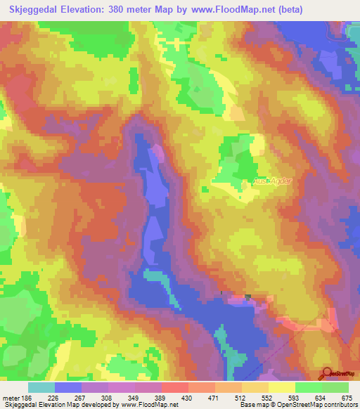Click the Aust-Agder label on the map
266,181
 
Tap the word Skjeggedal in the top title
30,10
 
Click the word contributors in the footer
338,405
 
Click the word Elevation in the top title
84,10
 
